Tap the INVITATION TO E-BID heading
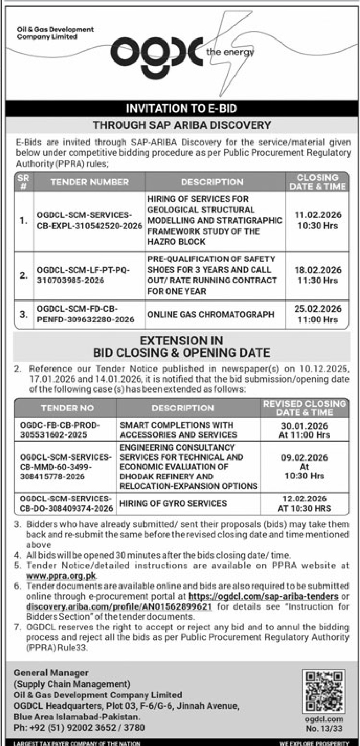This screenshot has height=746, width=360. coord(181,109)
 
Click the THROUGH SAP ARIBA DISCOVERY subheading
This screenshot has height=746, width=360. coord(181,124)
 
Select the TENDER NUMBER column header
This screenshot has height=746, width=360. coord(90,182)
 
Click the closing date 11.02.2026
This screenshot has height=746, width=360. coord(317,215)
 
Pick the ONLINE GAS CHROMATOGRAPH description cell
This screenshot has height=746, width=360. coord(211,314)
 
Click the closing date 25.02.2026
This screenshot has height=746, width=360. coord(317,309)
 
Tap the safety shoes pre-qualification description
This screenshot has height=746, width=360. coord(212,275)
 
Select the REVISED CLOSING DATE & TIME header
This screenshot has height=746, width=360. coord(304,408)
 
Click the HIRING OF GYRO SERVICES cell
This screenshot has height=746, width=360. coord(173,503)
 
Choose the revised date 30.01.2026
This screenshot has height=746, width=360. coord(304,426)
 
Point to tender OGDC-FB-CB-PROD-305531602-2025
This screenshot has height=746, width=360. coord(60,430)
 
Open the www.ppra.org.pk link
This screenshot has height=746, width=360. coord(62,576)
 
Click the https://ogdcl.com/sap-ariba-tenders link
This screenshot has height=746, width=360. coord(264,596)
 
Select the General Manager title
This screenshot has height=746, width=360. coord(51,673)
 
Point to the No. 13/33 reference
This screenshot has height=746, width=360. coord(324,728)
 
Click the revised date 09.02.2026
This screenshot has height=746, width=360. coord(304,458)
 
